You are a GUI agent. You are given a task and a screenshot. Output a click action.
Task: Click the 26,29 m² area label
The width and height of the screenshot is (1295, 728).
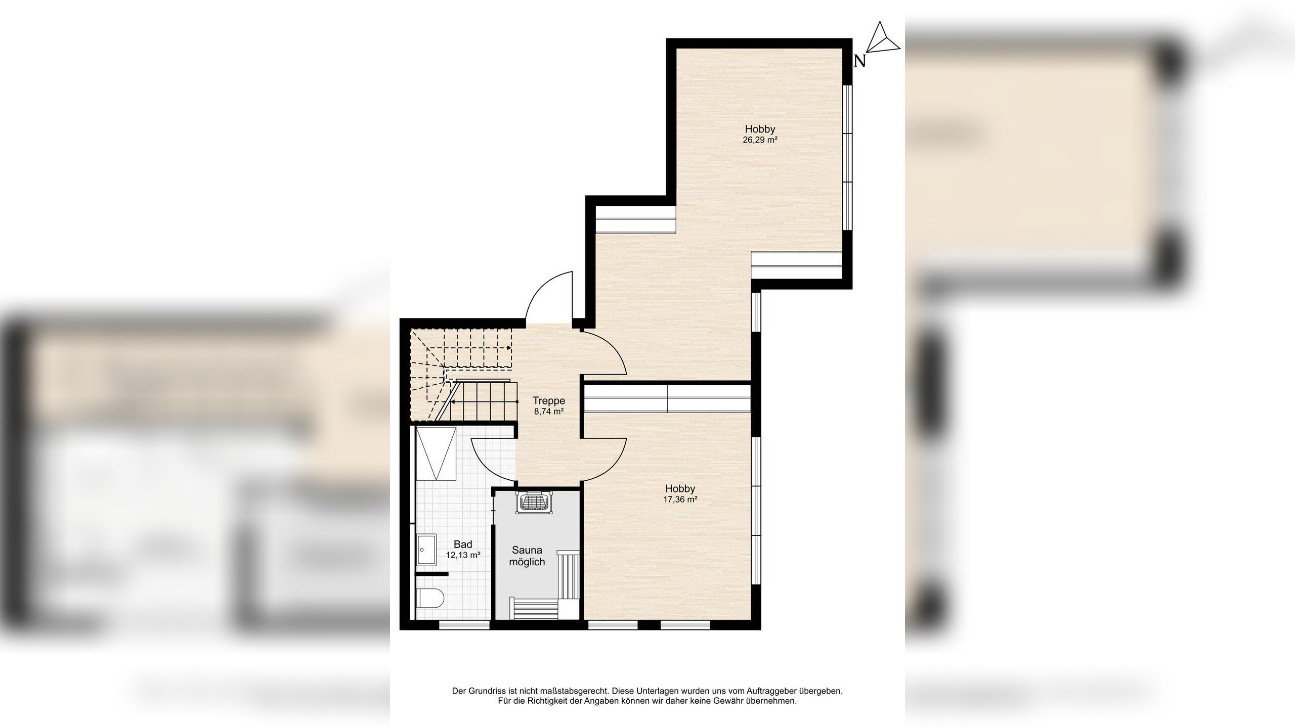pyautogui.click(x=760, y=141)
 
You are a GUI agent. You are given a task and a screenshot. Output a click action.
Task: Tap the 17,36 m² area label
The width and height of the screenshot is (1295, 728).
pyautogui.click(x=680, y=499)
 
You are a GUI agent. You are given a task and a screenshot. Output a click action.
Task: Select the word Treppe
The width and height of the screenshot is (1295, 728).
pyautogui.click(x=549, y=401)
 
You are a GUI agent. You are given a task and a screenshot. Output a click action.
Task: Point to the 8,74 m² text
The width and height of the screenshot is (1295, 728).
pyautogui.click(x=549, y=412)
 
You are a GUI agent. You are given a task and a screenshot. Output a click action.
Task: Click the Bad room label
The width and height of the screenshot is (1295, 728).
pyautogui.click(x=463, y=544)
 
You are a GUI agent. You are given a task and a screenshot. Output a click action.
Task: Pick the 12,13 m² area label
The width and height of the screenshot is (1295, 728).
pyautogui.click(x=463, y=555)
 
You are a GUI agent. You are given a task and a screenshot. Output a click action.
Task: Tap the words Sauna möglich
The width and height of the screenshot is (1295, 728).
pyautogui.click(x=527, y=556)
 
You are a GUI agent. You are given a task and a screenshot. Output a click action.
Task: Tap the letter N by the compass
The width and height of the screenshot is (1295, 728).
pyautogui.click(x=859, y=62)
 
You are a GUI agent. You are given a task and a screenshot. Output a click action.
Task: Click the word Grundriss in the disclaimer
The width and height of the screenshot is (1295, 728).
pyautogui.click(x=486, y=691)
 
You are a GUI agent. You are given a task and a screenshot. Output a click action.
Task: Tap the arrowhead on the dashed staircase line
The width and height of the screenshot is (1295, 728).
pyautogui.click(x=508, y=348)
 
